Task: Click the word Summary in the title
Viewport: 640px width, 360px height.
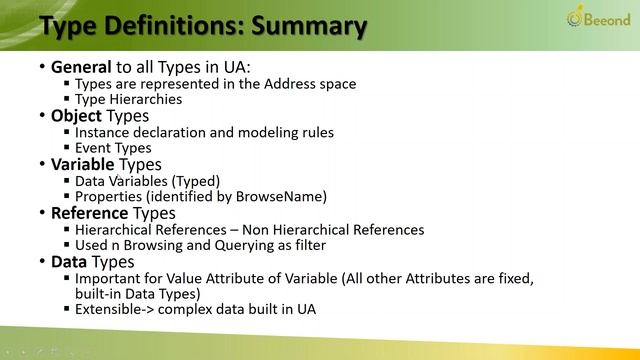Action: tap(306, 26)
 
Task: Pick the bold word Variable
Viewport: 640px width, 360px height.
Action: tap(83, 164)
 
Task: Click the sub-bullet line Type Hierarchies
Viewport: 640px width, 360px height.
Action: tap(128, 99)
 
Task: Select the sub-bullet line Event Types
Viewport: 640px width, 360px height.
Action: tap(113, 148)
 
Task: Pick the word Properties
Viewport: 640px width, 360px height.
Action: tap(109, 196)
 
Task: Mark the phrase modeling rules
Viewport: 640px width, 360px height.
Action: tap(289, 132)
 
